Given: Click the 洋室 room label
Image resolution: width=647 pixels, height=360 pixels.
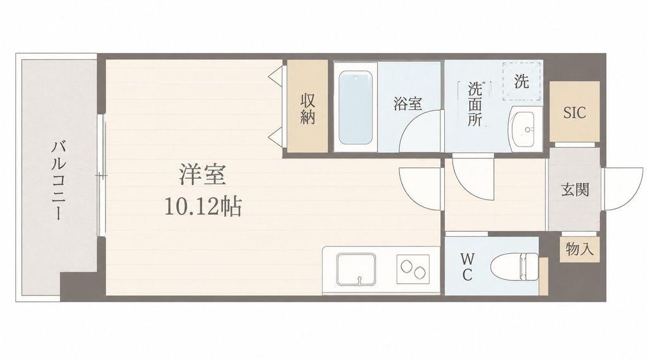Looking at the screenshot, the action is click(x=203, y=174).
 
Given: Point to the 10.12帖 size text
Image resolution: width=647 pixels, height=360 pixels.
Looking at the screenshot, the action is click(x=203, y=207).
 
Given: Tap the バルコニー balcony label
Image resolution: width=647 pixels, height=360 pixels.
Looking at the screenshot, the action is click(x=59, y=181).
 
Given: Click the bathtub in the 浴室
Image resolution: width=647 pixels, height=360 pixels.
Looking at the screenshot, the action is click(x=355, y=107).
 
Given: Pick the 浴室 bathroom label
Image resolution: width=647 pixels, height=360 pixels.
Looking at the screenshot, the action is click(x=408, y=104).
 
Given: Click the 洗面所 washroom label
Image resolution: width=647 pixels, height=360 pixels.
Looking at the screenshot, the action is click(x=475, y=104).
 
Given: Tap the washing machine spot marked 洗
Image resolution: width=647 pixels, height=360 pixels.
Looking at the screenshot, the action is click(x=521, y=81).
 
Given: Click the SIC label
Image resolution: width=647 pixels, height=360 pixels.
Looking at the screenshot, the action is click(x=574, y=112).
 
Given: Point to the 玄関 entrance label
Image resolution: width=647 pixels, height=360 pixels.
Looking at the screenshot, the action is click(x=575, y=189).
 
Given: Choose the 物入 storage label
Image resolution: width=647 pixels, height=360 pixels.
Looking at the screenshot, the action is click(x=580, y=249).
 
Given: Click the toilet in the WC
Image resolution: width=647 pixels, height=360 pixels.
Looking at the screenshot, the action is click(x=515, y=267).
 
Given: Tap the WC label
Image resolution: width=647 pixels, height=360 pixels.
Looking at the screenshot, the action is click(x=467, y=267).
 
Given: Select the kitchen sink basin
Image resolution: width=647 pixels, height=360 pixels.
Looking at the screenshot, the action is click(x=356, y=269).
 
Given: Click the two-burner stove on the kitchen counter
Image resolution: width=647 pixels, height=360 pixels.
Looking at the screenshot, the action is click(x=413, y=269).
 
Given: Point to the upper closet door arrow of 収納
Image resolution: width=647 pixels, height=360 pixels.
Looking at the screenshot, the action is click(x=275, y=75).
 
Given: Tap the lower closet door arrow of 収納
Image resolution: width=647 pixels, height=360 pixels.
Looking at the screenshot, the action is click(x=275, y=136).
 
